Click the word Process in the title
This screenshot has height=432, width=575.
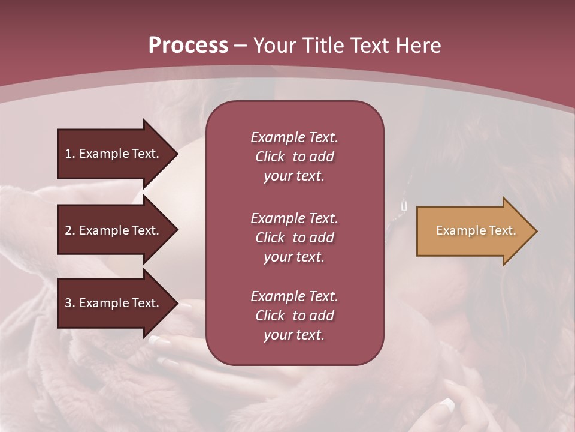(188, 45)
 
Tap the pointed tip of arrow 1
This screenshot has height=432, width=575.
(176, 154)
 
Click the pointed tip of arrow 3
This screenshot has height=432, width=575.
(176, 303)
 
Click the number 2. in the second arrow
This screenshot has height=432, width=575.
(69, 230)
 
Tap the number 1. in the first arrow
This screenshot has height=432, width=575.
(69, 154)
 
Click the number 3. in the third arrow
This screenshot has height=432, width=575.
(69, 303)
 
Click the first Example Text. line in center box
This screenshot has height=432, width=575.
(294, 137)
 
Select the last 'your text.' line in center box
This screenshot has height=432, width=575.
(294, 335)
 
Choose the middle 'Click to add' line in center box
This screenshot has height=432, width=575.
(294, 238)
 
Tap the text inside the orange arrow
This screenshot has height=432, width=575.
(476, 230)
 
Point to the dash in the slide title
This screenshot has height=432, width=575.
(240, 46)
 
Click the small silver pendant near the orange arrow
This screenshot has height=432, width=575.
(403, 206)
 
